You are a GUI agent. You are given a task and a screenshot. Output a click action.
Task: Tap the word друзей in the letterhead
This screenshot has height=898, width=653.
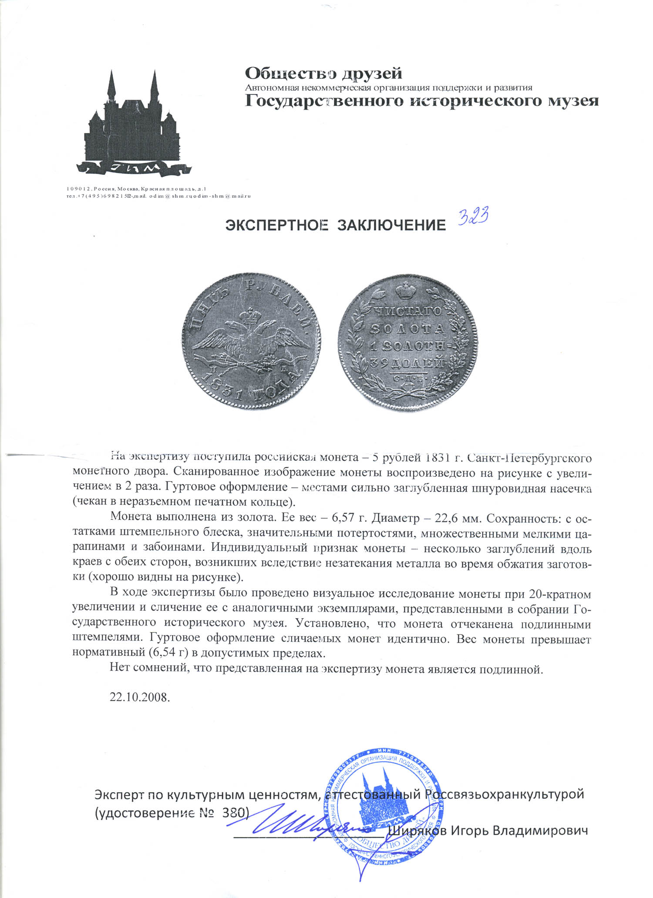click(371, 73)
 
